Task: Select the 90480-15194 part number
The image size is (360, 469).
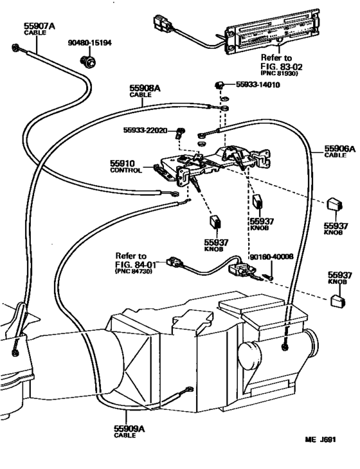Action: coord(90,43)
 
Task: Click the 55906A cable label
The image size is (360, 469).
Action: coord(339,148)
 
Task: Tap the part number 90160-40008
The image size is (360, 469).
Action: coord(276,256)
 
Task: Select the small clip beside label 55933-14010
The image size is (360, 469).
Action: coord(219,84)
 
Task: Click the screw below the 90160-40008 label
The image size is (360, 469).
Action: coord(271,277)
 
